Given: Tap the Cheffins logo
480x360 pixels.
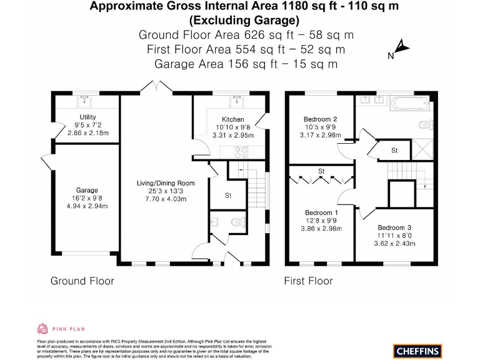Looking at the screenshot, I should click(417, 351).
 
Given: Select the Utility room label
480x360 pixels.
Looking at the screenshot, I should click(87, 117).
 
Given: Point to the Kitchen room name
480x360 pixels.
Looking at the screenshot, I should click(232, 119).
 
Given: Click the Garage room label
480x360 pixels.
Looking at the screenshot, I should click(87, 190).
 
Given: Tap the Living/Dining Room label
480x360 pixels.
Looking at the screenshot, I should click(166, 183).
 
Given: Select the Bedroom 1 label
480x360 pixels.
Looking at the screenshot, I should click(321, 213).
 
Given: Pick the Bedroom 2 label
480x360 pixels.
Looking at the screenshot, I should click(320, 119).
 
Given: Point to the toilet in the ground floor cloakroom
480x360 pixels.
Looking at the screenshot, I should click(236, 221).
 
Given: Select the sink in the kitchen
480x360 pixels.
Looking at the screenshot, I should click(237, 99).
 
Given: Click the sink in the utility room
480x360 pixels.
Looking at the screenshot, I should click(85, 100).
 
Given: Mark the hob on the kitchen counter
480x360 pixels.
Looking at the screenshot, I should click(239, 151).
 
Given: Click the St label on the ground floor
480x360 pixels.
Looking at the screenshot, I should click(228, 196).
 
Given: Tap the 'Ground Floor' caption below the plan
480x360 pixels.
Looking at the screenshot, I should click(82, 281).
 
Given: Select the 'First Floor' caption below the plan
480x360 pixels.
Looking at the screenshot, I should click(308, 281).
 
